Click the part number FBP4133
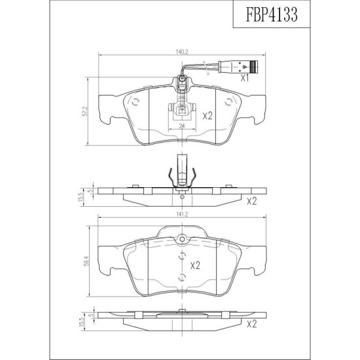[272, 14]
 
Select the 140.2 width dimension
[182, 52]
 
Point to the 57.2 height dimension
[84, 111]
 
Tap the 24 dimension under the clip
[182, 126]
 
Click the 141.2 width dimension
[182, 214]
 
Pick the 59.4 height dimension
[85, 261]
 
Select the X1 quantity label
[245, 79]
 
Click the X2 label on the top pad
[207, 116]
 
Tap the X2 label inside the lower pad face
[195, 265]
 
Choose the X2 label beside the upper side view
[251, 202]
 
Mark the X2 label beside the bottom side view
[251, 324]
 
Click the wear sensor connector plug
[238, 66]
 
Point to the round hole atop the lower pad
[182, 239]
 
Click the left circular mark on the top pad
[136, 102]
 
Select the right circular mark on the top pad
[228, 102]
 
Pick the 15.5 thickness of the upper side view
[81, 197]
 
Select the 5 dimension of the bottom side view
[90, 315]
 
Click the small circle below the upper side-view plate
[182, 197]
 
